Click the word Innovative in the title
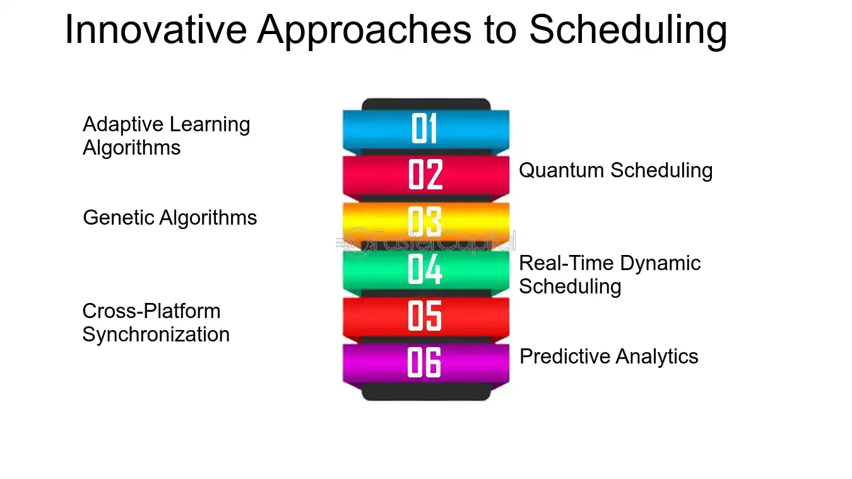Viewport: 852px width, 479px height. click(156, 30)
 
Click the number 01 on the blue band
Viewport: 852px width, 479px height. click(424, 128)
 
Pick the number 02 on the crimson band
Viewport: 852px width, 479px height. click(425, 174)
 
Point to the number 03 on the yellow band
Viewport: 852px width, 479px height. click(425, 222)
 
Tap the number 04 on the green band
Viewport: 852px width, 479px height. click(425, 269)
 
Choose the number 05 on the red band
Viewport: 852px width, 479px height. click(425, 316)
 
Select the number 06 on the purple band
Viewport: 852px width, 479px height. click(424, 362)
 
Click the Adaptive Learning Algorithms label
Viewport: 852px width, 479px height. click(166, 136)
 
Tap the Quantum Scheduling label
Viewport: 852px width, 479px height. click(616, 171)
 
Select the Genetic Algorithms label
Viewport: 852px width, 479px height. click(170, 218)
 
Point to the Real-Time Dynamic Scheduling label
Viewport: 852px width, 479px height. click(610, 275)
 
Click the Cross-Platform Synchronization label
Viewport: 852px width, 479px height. click(156, 323)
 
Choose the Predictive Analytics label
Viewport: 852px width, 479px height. click(609, 357)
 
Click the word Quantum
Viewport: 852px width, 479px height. click(562, 170)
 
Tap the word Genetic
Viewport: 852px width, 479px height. click(119, 218)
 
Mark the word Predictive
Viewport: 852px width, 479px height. click(564, 357)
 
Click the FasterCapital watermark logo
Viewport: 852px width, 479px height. click(426, 242)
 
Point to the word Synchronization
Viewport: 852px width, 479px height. click(156, 335)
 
